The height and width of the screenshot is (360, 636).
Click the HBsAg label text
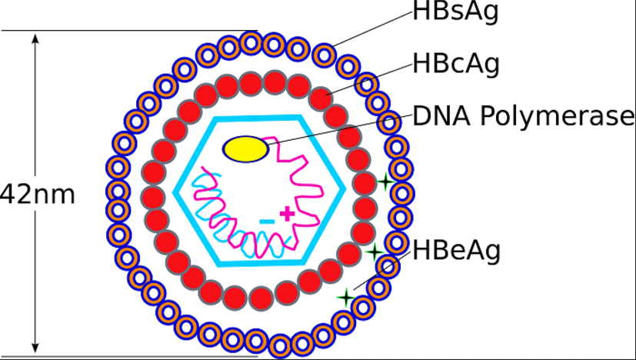455,12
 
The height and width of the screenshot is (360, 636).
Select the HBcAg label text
456,64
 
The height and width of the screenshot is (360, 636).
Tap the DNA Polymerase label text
523,116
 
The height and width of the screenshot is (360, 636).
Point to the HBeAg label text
456,251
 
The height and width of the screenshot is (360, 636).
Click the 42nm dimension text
38,195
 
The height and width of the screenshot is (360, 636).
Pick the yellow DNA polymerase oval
246,149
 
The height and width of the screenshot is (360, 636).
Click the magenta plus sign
287,214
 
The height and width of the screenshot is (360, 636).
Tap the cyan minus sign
267,222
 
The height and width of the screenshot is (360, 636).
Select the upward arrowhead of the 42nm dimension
35,38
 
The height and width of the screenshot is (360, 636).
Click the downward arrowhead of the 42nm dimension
35,348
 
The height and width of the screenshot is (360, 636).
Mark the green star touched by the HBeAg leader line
346,298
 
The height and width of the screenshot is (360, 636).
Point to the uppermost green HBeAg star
385,181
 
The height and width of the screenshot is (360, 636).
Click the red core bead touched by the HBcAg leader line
321,98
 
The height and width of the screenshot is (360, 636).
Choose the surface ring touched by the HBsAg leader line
325,55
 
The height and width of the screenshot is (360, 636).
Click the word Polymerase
557,117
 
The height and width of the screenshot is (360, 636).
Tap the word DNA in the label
442,116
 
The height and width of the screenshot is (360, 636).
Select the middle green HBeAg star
375,252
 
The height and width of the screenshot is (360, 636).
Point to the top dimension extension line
129,31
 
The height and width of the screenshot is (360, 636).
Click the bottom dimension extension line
129,357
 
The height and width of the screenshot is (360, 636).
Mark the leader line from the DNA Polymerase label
339,130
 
